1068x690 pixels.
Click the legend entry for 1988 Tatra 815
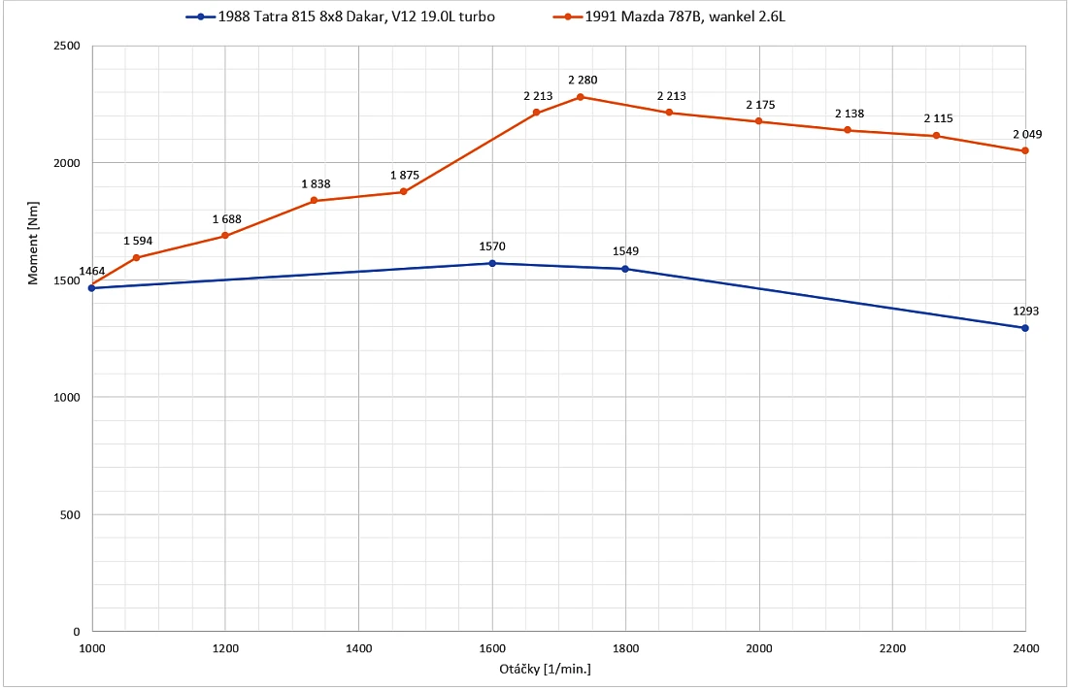pyautogui.click(x=341, y=16)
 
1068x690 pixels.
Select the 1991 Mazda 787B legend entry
pyautogui.click(x=670, y=16)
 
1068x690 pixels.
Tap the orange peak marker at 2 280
pyautogui.click(x=581, y=97)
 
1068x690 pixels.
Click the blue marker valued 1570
pyautogui.click(x=492, y=263)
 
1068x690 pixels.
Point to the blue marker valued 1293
pyautogui.click(x=1025, y=328)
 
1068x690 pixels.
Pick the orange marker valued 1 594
pyautogui.click(x=136, y=257)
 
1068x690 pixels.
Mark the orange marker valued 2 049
pyautogui.click(x=1025, y=150)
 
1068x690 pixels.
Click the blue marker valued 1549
pyautogui.click(x=625, y=269)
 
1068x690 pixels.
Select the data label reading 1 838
pyautogui.click(x=317, y=184)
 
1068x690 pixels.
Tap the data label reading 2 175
pyautogui.click(x=761, y=105)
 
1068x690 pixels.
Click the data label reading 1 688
pyautogui.click(x=227, y=219)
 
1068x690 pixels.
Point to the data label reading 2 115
pyautogui.click(x=939, y=118)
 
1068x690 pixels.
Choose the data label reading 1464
pyautogui.click(x=92, y=271)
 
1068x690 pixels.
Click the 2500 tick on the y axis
pyautogui.click(x=67, y=46)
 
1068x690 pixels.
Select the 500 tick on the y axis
pyautogui.click(x=70, y=515)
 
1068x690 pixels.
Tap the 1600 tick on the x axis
pyautogui.click(x=492, y=648)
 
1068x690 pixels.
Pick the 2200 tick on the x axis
pyautogui.click(x=892, y=648)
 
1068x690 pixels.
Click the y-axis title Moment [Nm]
pyautogui.click(x=33, y=243)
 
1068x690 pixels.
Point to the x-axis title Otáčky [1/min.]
pyautogui.click(x=545, y=669)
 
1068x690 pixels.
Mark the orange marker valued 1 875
pyautogui.click(x=403, y=191)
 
